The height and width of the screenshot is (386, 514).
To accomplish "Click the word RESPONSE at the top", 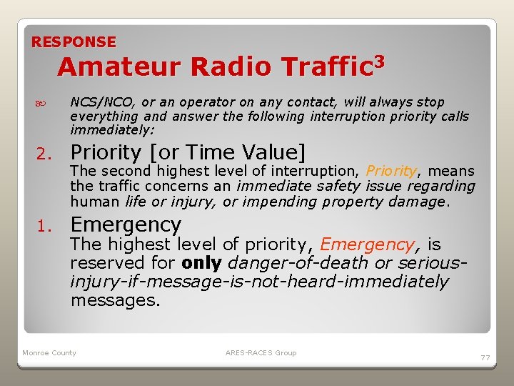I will coord(74,42).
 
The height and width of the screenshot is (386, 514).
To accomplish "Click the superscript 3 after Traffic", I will coord(379,61).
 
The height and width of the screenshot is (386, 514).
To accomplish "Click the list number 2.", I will coord(44,154).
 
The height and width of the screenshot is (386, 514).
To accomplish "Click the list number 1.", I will coord(44,226).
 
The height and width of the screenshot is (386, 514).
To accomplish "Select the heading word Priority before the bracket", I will coord(106,152).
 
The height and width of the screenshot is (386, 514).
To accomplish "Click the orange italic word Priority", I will coord(391,171).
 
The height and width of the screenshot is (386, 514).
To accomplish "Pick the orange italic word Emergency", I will coord(367,244).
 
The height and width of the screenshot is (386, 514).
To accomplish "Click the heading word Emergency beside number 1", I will coord(126,224).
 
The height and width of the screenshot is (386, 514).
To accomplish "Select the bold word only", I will coord(203,263).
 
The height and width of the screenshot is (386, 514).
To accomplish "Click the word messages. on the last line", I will coord(115,300).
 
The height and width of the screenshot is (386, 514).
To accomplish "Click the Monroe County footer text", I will coord(49,353).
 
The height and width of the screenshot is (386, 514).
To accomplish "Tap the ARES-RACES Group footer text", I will coord(261,353).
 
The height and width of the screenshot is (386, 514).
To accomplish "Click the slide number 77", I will coord(485,357).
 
